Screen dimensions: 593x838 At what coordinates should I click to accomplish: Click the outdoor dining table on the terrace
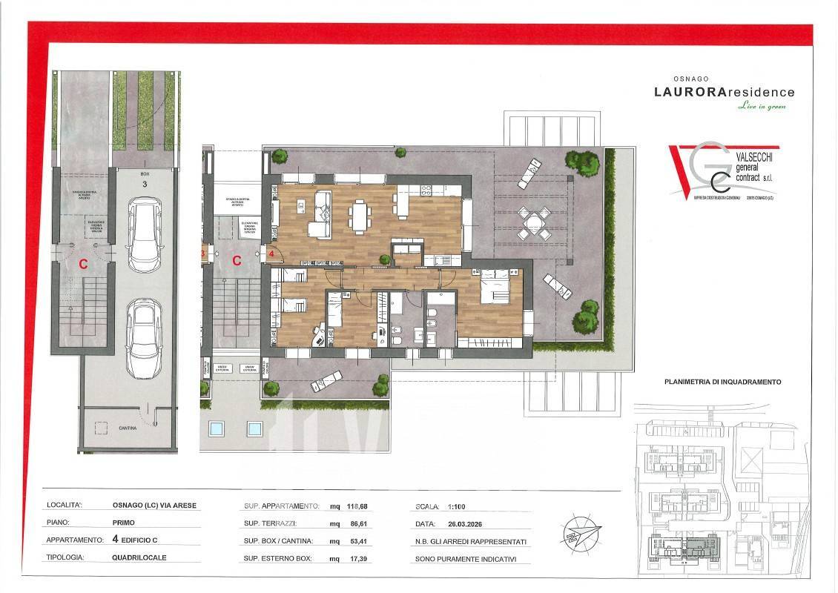pyautogui.click(x=533, y=221)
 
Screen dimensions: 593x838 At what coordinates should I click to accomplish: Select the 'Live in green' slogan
pyautogui.click(x=762, y=107)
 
